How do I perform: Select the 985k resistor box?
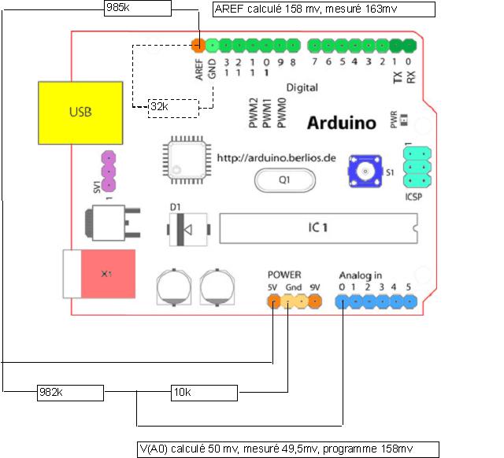tap(137, 8)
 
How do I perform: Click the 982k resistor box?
tap(69, 392)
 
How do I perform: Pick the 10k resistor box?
tap(204, 392)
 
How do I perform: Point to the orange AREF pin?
tap(198, 44)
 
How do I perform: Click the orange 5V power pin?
tap(273, 301)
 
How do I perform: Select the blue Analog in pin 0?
tap(343, 301)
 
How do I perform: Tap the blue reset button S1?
tap(365, 172)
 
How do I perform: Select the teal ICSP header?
tap(416, 168)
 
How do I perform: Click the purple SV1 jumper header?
tap(108, 172)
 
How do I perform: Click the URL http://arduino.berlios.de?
tap(276, 157)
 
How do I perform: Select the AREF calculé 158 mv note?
tap(324, 9)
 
